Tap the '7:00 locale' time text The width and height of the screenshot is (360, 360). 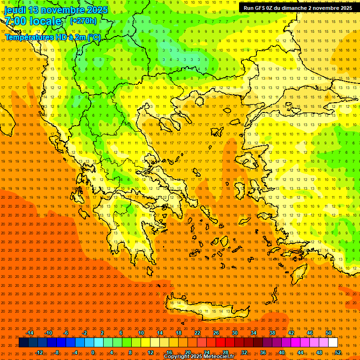pyautogui.click(x=33, y=21)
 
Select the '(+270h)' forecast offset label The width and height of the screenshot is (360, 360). pyautogui.click(x=83, y=21)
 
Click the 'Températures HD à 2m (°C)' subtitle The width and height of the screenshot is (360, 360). pyautogui.click(x=52, y=37)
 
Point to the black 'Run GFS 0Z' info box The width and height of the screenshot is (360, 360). pyautogui.click(x=298, y=8)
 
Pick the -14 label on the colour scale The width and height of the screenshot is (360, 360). pyautogui.click(x=30, y=333)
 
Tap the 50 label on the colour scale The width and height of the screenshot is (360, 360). pyautogui.click(x=329, y=333)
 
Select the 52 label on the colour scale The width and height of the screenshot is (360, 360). pyautogui.click(x=338, y=352)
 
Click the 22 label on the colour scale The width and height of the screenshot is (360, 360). pyautogui.click(x=197, y=333)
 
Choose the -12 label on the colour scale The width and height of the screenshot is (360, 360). pyautogui.click(x=39, y=352)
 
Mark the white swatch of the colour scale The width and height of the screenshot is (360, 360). pyautogui.click(x=333, y=343)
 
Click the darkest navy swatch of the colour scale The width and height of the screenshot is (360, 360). pyautogui.click(x=23, y=343)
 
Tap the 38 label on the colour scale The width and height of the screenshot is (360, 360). pyautogui.click(x=272, y=333)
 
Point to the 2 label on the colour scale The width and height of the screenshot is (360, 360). pyautogui.click(x=102, y=333)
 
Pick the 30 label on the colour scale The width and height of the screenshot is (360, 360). pyautogui.click(x=235, y=333)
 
